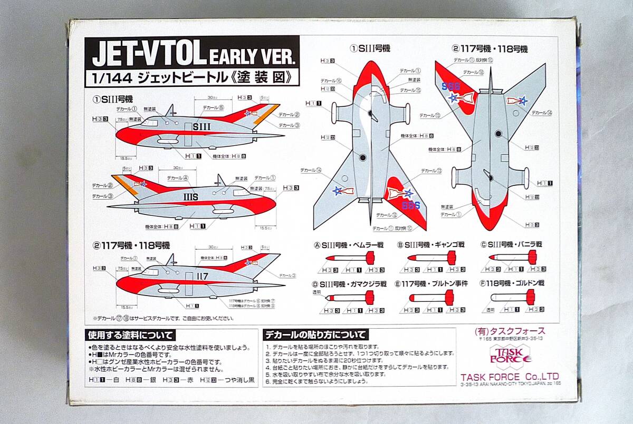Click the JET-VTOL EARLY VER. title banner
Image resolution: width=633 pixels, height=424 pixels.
click(192, 54)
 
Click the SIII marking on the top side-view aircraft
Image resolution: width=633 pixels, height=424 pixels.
click(202, 126)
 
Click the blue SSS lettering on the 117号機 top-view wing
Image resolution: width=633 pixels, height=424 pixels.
click(451, 86)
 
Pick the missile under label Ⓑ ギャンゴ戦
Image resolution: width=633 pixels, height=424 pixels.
click(431, 258)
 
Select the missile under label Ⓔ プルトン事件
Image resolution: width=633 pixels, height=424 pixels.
click(431, 298)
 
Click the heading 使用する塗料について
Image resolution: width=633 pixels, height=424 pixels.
click(131, 335)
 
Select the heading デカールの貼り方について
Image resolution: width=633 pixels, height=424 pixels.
click(316, 334)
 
